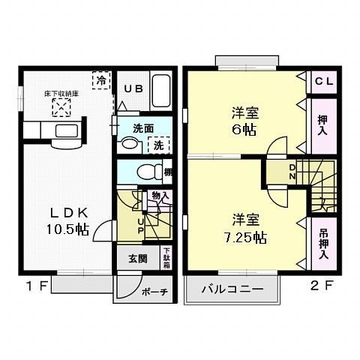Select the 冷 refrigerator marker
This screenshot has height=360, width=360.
[x=99, y=79]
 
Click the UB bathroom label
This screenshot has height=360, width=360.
[x=133, y=88]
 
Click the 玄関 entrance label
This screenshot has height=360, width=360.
[x=136, y=259]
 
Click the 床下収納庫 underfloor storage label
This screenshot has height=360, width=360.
[x=59, y=94]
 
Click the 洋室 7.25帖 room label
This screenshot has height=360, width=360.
[x=244, y=228]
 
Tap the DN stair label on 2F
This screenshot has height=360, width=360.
[x=292, y=172]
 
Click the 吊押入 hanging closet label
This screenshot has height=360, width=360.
[x=323, y=243]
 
